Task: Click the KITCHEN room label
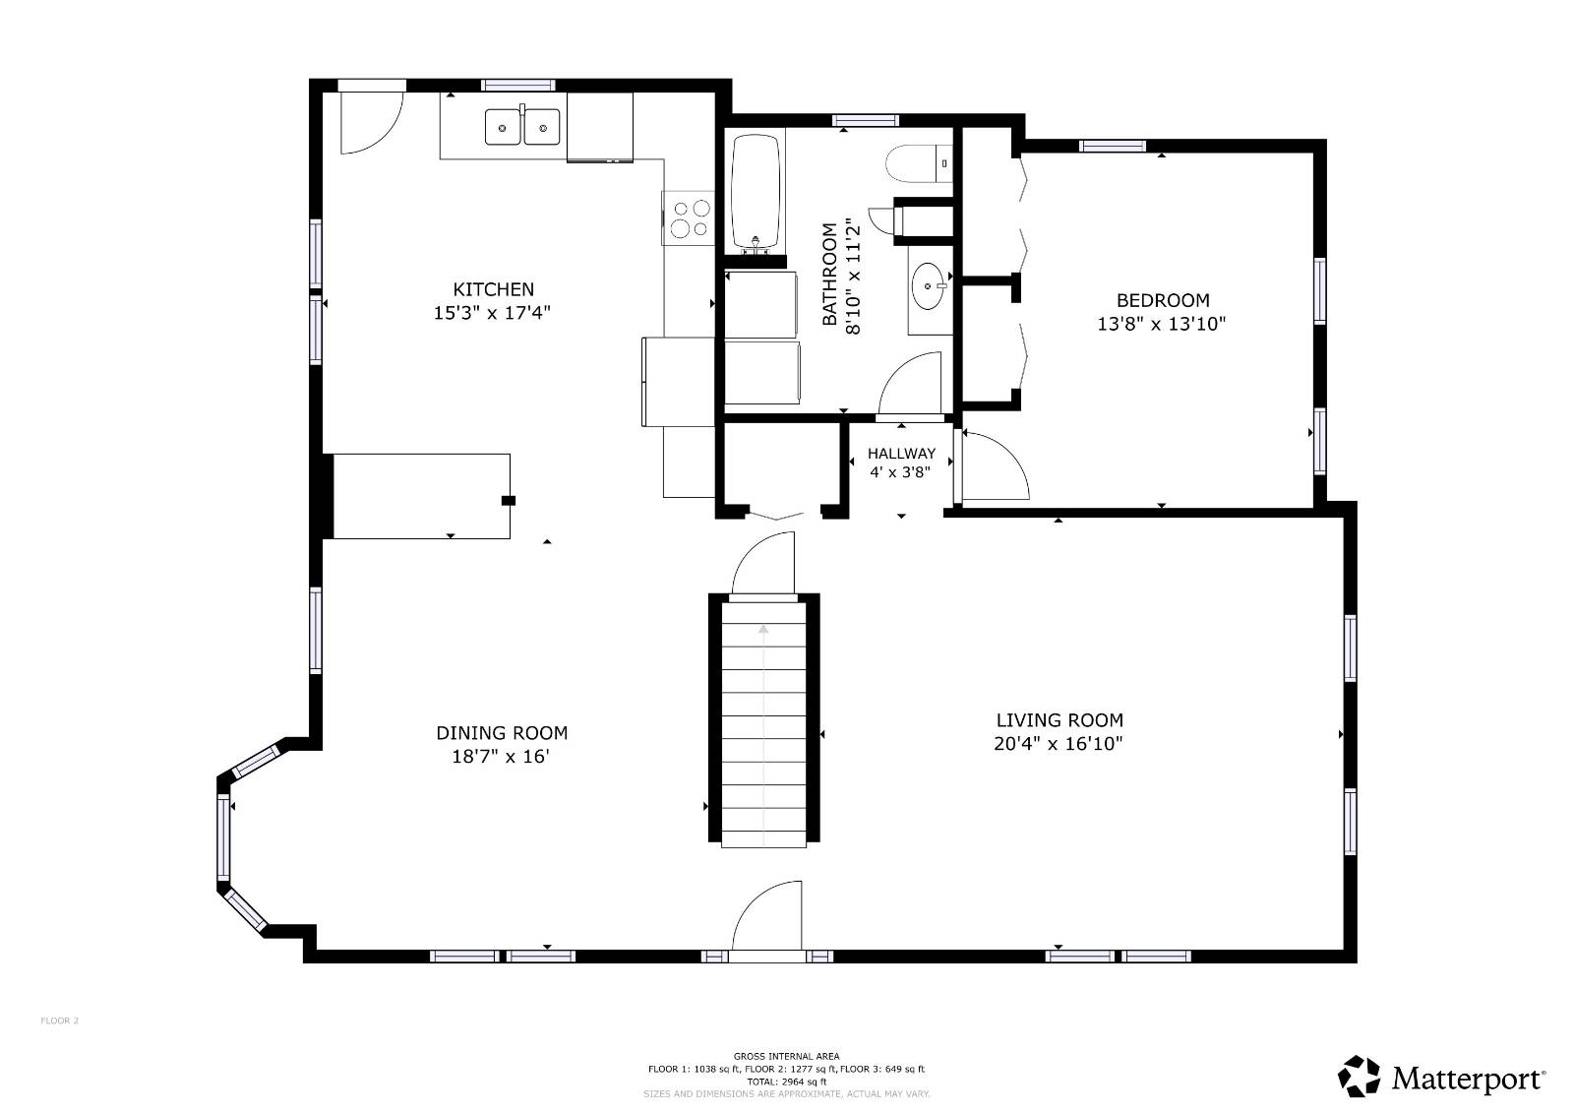click(493, 289)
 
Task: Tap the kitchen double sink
click(522, 127)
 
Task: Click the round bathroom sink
click(928, 286)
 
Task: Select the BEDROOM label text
click(1162, 300)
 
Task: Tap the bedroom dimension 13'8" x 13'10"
click(1162, 324)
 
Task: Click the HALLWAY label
click(901, 454)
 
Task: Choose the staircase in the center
click(764, 723)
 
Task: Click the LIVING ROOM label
click(1059, 720)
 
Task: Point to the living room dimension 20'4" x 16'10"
click(1059, 744)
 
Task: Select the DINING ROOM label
click(502, 733)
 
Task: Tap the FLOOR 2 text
click(59, 1020)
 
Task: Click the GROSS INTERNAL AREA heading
click(786, 1056)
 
